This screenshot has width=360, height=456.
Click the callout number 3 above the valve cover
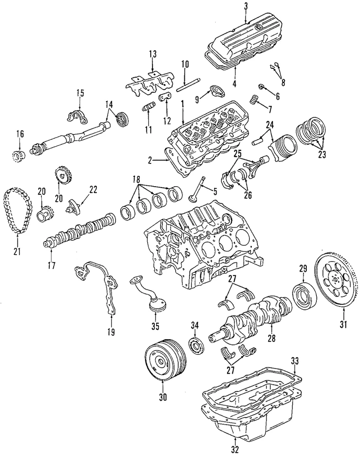pos(246,6)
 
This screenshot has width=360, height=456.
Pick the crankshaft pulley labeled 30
pos(161,359)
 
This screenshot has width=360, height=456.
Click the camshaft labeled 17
pos(81,228)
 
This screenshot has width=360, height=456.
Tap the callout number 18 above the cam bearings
pos(137,180)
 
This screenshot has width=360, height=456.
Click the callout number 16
pos(19,134)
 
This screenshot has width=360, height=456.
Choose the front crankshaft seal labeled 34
pos(196,344)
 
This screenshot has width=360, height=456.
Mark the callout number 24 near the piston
pos(270,125)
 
